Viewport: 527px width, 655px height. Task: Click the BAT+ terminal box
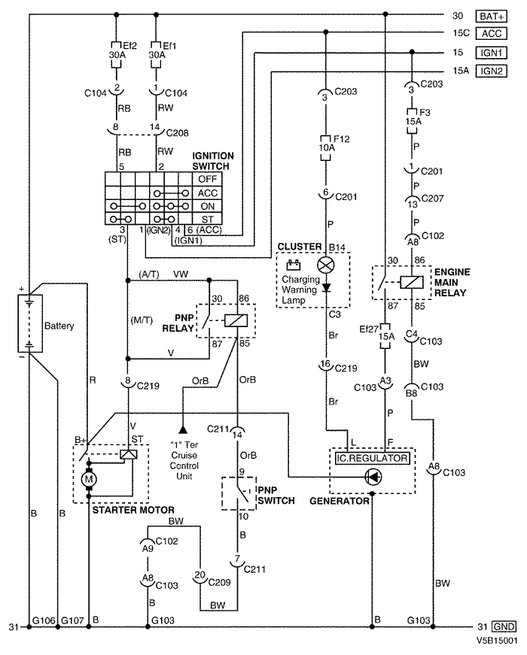491,17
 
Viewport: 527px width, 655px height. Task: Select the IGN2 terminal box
491,71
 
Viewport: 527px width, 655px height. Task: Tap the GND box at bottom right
504,626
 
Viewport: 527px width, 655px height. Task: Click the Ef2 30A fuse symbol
116,54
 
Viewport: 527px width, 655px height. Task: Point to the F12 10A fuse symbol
325,148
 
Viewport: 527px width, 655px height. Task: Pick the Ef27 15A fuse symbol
385,336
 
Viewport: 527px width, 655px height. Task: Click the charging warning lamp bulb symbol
326,265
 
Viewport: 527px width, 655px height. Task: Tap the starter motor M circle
89,479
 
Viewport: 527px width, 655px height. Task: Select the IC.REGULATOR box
372,458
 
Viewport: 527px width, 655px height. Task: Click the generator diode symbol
373,477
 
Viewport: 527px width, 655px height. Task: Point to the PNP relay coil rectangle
236,320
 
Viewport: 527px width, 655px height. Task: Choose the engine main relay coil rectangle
412,283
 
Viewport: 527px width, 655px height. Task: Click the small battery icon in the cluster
293,265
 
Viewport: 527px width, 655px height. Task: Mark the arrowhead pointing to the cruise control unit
183,429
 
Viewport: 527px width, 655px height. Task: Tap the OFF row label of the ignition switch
208,179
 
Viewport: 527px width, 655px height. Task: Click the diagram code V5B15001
496,641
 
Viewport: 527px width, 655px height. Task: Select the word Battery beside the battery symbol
59,326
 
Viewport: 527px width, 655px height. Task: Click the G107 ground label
73,620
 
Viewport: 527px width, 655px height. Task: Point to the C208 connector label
178,133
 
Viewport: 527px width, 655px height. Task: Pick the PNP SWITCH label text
276,495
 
